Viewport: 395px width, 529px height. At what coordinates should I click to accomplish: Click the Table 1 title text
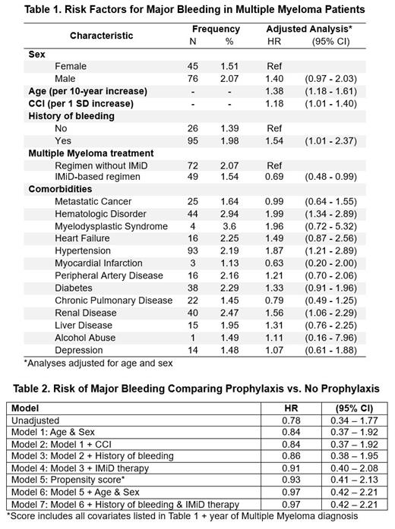point(197,9)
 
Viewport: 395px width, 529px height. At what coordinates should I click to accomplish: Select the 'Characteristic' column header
point(101,36)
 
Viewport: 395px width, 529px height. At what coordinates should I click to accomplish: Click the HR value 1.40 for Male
point(274,79)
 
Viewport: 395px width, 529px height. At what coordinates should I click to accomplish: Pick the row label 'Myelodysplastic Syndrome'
point(111,226)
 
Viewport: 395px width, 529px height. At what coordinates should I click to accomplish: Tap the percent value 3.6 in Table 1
point(229,226)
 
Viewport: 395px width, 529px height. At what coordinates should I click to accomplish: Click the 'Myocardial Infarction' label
point(102,263)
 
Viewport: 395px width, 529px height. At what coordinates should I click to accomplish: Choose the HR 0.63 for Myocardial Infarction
point(274,263)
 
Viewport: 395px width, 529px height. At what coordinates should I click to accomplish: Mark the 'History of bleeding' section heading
point(71,115)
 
